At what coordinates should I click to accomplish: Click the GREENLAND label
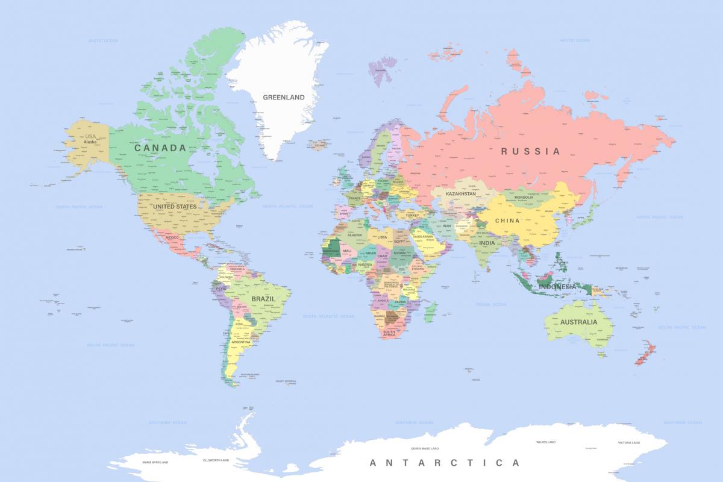284,97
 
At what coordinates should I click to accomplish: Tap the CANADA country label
160,148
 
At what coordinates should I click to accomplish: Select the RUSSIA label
531,151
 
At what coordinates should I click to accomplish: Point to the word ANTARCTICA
444,463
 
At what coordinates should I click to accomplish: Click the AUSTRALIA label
578,322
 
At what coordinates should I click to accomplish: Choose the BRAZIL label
263,299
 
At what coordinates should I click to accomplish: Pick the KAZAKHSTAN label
461,194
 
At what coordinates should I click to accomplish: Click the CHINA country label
507,221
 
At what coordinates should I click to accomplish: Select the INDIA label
487,243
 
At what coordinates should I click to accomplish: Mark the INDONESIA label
557,287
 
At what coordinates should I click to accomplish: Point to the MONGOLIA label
524,198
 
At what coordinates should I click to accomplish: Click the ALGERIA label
354,235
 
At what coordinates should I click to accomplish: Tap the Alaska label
90,143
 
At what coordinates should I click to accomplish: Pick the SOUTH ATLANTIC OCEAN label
328,316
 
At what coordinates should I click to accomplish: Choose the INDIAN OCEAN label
491,304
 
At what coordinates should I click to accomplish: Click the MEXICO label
172,237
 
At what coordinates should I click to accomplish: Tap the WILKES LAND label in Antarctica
545,442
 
